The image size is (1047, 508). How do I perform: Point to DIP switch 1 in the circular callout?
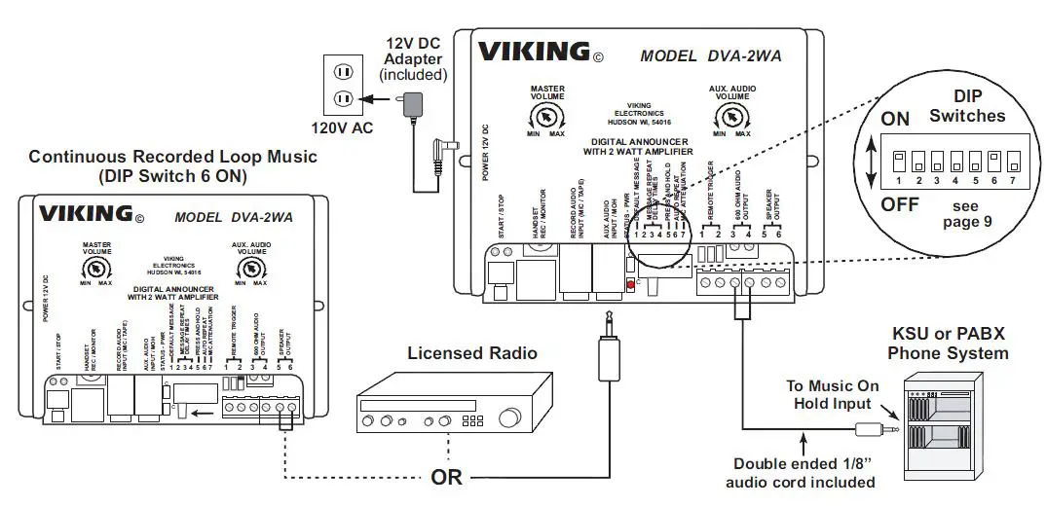pos(900,158)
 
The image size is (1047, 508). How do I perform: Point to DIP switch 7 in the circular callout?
pos(1014,158)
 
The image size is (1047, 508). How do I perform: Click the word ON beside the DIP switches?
pos(895,119)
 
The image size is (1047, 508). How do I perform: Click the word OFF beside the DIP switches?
pos(900,205)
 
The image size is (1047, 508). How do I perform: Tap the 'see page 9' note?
pos(967,213)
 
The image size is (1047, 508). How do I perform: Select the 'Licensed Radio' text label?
pos(472,353)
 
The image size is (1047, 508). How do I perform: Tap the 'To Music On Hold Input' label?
pos(832,394)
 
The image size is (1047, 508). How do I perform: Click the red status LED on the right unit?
pos(630,285)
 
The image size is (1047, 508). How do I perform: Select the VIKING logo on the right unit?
pos(532,51)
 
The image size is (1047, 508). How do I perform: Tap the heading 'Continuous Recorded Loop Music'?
pos(172,156)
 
